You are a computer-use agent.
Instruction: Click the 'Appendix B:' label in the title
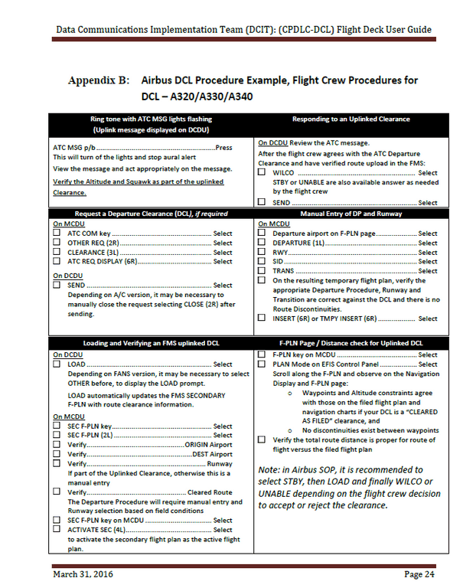coord(97,80)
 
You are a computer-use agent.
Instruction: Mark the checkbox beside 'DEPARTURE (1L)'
coord(262,243)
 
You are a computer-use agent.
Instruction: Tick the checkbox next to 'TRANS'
coord(262,271)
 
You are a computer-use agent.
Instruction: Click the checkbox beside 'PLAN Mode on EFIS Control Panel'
coord(262,364)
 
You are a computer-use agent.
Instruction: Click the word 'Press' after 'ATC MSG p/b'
coord(223,147)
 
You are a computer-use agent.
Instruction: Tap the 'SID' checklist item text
coord(279,262)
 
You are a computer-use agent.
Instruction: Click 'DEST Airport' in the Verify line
coord(211,454)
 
